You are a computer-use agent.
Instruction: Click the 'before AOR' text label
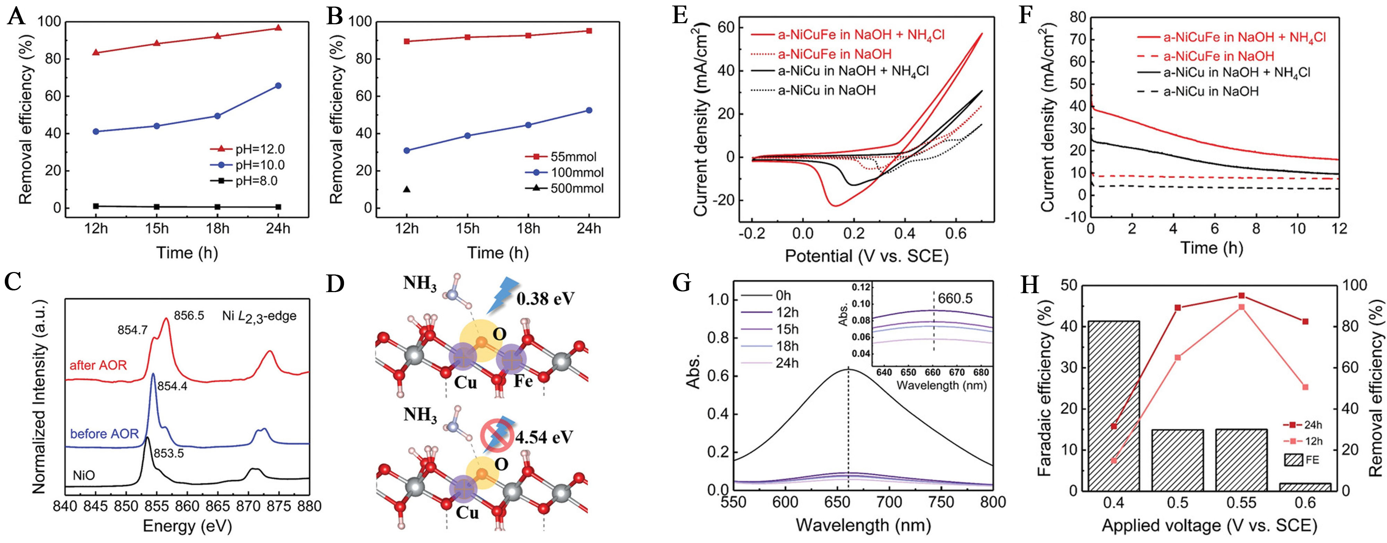tap(104, 434)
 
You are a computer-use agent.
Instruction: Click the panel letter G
tap(682, 283)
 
